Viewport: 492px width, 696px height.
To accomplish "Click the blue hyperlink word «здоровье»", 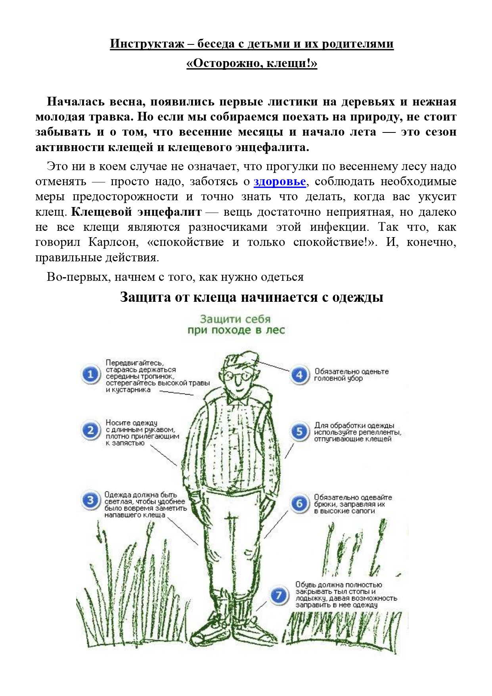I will [x=280, y=182].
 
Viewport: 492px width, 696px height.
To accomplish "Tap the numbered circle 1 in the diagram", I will [x=91, y=374].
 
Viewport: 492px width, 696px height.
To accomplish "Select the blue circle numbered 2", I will [x=91, y=431].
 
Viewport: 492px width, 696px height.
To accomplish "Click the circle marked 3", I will [x=91, y=501].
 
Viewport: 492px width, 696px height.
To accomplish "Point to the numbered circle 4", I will [x=299, y=375].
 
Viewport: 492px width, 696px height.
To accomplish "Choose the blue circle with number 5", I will [x=299, y=431].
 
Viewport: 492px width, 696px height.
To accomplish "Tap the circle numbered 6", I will [x=299, y=504].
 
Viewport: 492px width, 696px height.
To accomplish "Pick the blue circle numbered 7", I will [x=279, y=595].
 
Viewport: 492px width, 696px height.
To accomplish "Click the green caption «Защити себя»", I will [x=235, y=319].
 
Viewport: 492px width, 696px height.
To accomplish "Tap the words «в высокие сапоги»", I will [x=344, y=511].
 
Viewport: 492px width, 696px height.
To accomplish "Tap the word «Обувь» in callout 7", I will [x=305, y=585].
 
